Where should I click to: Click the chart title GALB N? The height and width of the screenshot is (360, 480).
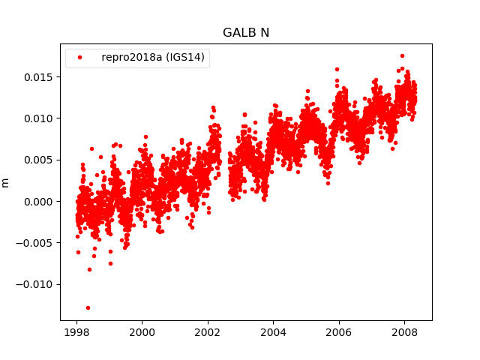[x=245, y=33]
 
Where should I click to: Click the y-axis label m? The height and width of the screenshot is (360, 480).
[x=6, y=182]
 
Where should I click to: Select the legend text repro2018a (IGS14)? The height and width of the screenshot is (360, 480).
[x=154, y=58]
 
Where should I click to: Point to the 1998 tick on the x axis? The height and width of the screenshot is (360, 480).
[x=76, y=332]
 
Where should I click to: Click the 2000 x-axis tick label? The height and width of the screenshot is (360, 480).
[x=142, y=332]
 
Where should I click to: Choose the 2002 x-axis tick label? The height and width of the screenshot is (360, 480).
[x=208, y=332]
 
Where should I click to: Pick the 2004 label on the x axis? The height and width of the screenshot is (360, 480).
[x=273, y=332]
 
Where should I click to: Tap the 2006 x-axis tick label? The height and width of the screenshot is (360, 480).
[x=339, y=332]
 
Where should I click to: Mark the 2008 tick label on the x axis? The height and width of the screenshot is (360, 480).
[x=404, y=332]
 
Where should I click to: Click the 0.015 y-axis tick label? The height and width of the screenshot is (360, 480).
[x=39, y=77]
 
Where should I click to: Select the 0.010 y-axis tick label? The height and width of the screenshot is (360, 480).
[x=39, y=118]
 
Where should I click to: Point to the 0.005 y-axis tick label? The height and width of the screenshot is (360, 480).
[x=39, y=160]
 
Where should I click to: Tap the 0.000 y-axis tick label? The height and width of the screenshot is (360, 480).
[x=39, y=201]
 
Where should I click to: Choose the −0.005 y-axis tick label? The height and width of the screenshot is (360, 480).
[x=36, y=243]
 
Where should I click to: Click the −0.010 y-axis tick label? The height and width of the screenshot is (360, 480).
[x=36, y=284]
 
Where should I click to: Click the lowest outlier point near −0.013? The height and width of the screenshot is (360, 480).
[x=88, y=307]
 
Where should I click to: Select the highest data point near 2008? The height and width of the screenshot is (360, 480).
[x=402, y=55]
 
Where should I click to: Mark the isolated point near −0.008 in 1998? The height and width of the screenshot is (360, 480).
[x=89, y=269]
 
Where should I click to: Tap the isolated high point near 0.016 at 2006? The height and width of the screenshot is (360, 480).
[x=337, y=69]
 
